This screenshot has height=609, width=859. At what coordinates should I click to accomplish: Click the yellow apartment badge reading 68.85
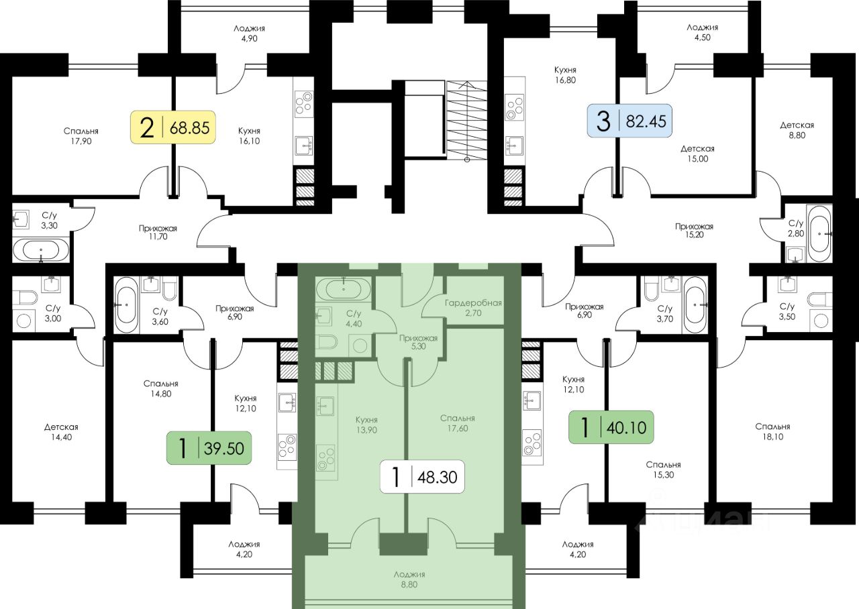172,127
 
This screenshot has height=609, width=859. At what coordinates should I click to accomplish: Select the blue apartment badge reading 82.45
629,121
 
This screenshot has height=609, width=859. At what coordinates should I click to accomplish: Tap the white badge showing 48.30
423,478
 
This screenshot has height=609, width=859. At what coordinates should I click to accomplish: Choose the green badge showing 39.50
209,449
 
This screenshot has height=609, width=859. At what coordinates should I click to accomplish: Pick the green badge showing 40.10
611,427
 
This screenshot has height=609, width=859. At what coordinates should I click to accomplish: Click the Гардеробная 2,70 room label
473,307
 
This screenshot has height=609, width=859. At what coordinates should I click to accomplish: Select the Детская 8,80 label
797,130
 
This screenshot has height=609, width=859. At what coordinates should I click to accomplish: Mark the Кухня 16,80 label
565,74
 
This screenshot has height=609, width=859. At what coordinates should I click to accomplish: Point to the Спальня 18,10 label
772,431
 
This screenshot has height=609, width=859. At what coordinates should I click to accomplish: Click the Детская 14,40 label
62,432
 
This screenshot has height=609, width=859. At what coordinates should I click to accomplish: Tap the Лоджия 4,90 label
249,34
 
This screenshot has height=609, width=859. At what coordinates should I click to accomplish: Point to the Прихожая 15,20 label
694,231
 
